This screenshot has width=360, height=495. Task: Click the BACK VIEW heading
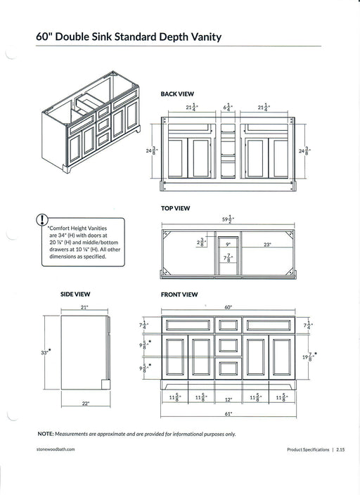pos(177,94)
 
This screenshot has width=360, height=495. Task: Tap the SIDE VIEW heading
pos(75,294)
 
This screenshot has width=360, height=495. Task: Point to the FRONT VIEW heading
pos(179,294)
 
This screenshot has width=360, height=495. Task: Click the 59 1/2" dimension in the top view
pos(226,220)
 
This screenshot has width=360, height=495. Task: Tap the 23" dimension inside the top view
pos(267,245)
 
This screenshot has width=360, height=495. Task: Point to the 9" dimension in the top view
pos(228,245)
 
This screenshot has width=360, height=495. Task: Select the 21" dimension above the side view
pos(84,307)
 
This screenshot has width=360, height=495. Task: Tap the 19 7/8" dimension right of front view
pos(307,358)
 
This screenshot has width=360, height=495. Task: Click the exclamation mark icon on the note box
pos(44,220)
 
